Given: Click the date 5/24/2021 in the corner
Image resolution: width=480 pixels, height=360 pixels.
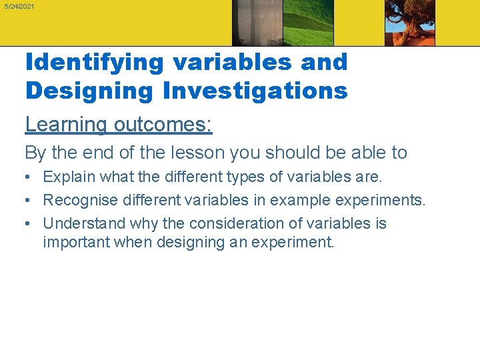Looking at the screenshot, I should click(x=19, y=6).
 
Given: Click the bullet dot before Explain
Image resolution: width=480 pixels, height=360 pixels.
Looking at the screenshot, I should click(x=29, y=178).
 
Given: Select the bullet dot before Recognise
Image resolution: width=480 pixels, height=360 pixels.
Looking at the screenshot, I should click(x=29, y=201).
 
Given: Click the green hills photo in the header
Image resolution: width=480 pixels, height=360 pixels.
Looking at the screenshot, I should click(x=308, y=23).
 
